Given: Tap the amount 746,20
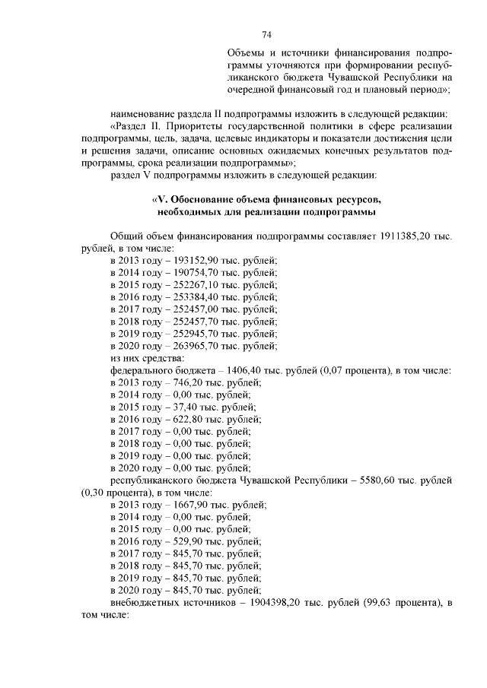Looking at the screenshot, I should [x=179, y=382].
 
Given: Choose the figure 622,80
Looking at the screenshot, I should [x=179, y=419].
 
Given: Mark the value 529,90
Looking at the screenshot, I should [x=179, y=541].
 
